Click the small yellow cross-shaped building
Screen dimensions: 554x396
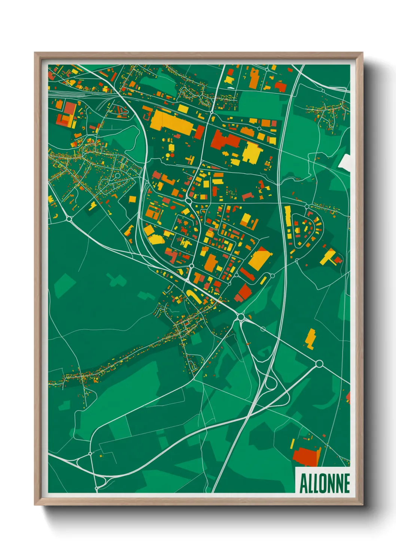191,160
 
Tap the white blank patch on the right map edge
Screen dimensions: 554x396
345,161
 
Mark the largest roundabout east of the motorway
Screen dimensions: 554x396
319,363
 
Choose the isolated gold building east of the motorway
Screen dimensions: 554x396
310,338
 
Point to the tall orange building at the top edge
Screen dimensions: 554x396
254,78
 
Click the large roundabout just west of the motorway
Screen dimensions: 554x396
241,317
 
